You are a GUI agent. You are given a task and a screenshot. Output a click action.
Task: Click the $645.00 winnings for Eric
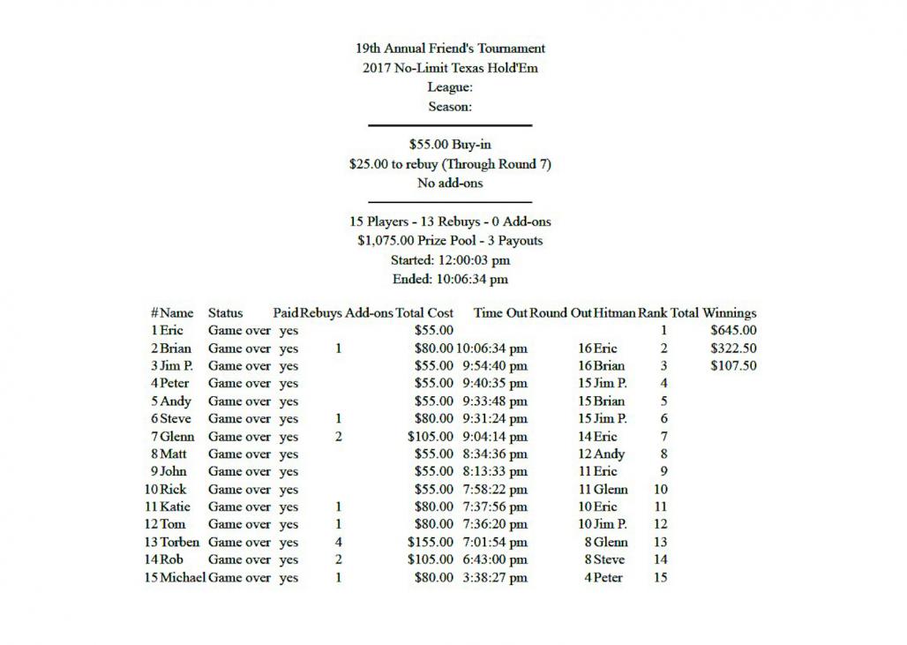coord(733,331)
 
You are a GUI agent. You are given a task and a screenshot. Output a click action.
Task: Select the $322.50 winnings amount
coord(733,349)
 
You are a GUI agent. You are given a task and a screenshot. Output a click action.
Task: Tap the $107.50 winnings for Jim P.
coord(733,366)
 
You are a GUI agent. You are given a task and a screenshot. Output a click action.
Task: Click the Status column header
coord(225,313)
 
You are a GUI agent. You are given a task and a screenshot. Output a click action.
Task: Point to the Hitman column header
coord(614,313)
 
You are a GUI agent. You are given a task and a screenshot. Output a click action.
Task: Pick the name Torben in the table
coord(180,543)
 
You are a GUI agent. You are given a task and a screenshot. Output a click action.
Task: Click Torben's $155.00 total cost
coord(431,543)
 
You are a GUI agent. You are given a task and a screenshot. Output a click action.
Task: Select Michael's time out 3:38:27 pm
coord(494,578)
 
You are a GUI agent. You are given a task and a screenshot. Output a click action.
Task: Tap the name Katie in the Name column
coord(175,507)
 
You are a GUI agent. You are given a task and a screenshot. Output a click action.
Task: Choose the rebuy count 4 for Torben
coord(339,543)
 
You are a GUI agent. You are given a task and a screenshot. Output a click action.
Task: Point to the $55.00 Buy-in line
coord(450,145)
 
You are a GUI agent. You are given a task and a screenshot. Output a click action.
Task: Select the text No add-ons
coord(450,184)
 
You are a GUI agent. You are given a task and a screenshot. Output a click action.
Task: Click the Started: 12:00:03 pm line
coord(450,260)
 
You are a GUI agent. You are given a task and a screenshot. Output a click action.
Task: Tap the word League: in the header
coord(450,87)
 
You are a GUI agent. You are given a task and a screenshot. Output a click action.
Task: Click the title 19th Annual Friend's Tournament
coord(450,49)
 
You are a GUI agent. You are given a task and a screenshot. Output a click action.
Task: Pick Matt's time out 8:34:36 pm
coord(494,454)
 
